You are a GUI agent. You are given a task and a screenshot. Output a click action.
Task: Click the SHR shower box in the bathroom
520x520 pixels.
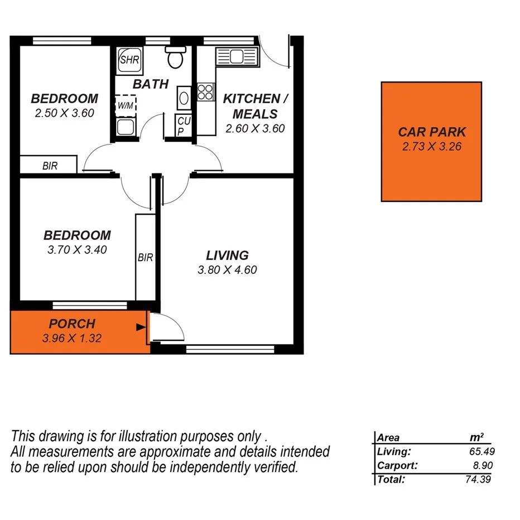coord(129,59)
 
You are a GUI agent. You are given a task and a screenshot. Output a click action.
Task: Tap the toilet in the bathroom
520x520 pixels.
coord(175,57)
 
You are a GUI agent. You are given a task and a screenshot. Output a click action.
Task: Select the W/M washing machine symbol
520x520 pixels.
coord(126,105)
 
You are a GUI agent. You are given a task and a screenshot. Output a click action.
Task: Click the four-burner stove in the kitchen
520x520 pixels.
coord(205,92)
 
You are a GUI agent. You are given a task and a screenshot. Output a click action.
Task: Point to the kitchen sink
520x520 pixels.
coord(234,56)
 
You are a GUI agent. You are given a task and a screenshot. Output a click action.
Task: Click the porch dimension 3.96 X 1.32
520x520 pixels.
coord(71,338)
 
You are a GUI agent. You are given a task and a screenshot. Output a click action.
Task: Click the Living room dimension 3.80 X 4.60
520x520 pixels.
coord(227,270)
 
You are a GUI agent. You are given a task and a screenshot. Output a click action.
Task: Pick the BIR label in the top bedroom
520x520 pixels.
coord(50,166)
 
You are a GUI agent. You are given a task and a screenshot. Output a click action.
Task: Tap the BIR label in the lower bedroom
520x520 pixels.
coord(145,258)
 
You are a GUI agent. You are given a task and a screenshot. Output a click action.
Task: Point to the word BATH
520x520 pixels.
coord(150,84)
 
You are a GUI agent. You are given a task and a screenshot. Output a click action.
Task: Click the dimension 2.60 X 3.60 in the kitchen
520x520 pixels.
coord(255,128)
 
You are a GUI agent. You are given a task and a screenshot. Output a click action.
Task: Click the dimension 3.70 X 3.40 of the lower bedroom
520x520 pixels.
coord(77,249)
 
